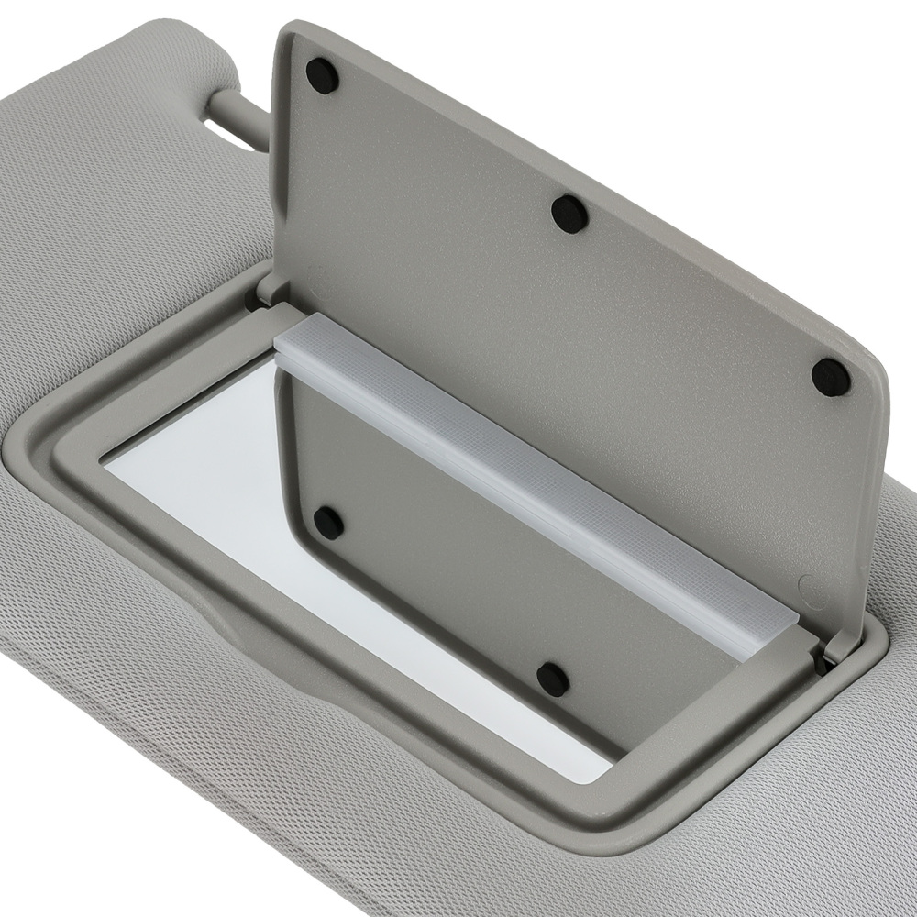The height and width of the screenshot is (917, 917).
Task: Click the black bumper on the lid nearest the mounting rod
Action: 322,75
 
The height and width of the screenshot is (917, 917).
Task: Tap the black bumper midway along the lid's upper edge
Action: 569,214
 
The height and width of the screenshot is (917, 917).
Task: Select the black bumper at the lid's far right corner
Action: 831,377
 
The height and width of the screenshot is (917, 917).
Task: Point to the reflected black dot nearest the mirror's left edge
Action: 328,523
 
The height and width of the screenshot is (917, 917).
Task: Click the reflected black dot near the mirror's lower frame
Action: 552,679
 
